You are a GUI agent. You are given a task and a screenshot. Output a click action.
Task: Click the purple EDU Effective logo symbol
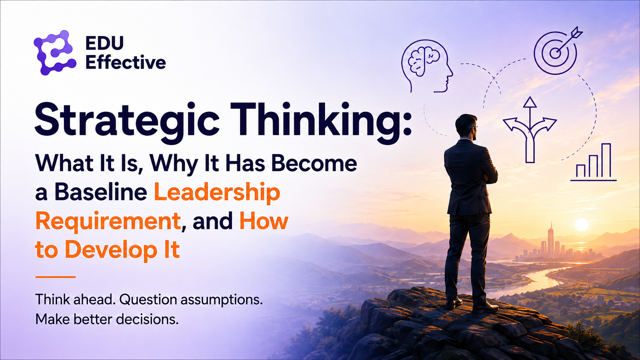pos(55,52)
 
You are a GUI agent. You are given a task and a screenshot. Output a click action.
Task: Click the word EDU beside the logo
pos(104,43)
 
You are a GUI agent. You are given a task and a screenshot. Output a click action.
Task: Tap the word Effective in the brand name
pos(126,62)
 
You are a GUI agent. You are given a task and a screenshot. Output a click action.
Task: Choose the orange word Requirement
pos(108,221)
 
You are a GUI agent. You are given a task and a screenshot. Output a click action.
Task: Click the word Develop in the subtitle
pos(111,250)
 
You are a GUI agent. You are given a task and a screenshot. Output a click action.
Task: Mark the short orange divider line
pos(56,277)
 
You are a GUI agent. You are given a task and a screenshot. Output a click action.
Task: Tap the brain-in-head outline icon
pos(427,66)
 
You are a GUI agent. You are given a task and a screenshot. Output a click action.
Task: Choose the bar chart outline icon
pos(593,163)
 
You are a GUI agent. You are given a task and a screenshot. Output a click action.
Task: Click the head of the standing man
pos(466,127)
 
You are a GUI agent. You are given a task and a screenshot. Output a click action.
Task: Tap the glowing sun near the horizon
pos(581,225)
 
